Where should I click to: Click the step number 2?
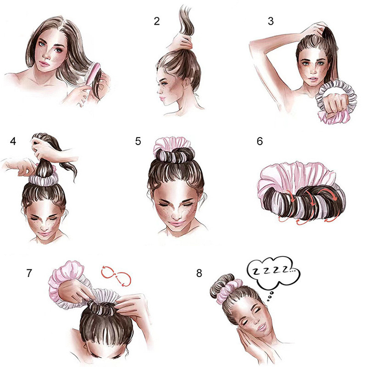click(x=157, y=21)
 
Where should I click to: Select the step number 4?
click(x=12, y=141)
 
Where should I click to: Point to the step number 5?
click(x=138, y=141)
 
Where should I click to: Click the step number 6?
click(x=260, y=141)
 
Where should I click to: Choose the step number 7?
click(x=29, y=273)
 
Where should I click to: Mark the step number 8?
click(x=199, y=273)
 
